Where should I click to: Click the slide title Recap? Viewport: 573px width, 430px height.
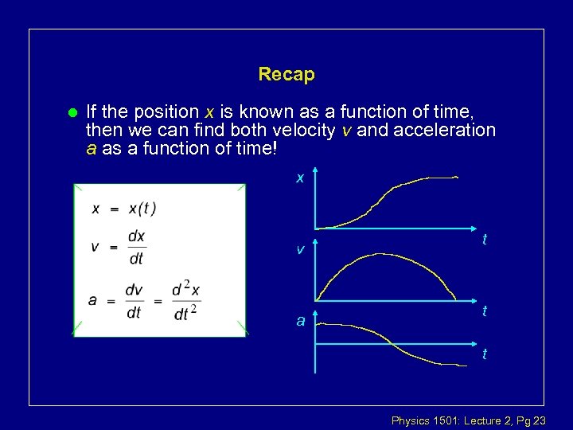tap(286, 75)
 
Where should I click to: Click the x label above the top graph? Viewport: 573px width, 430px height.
tap(300, 178)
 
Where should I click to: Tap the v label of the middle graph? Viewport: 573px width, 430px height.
tap(300, 249)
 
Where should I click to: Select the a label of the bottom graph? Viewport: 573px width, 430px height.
tap(301, 321)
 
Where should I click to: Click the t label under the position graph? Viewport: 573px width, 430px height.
tap(485, 240)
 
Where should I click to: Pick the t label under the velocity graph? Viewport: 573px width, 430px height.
tap(485, 312)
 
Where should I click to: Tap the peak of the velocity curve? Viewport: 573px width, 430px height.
tap(382, 255)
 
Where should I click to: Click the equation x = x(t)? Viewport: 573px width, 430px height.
tap(124, 209)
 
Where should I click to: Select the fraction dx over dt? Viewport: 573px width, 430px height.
tap(137, 247)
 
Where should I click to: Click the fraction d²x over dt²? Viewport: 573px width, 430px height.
tap(185, 301)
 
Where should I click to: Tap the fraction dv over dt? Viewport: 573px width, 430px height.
tap(134, 301)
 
